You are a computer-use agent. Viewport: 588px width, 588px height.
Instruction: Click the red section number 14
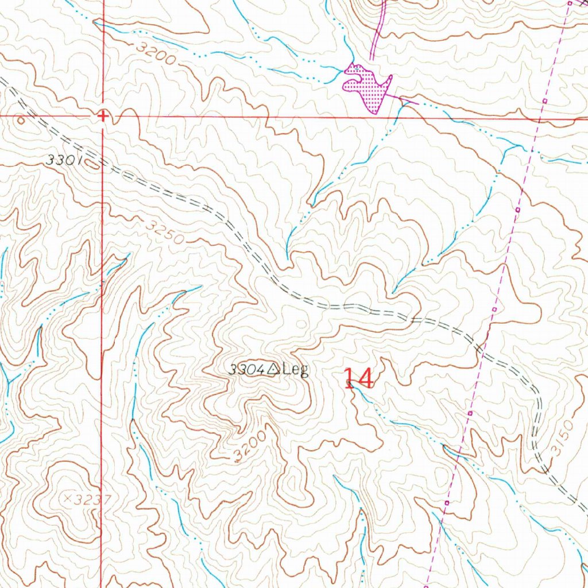pyautogui.click(x=359, y=379)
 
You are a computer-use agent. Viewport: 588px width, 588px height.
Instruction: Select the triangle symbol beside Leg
pyautogui.click(x=272, y=369)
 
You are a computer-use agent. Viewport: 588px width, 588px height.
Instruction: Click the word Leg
pyautogui.click(x=295, y=369)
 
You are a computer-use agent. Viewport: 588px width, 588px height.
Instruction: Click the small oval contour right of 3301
pyautogui.click(x=92, y=165)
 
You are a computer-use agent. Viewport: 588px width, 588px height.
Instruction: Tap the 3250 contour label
pyautogui.click(x=164, y=232)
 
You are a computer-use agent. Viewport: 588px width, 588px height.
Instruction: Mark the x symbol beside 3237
pyautogui.click(x=67, y=499)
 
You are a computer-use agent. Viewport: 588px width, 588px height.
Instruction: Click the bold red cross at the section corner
pyautogui.click(x=103, y=117)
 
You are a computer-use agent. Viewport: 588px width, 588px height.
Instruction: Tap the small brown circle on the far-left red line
pyautogui.click(x=21, y=120)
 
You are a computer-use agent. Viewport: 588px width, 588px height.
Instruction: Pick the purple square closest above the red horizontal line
pyautogui.click(x=544, y=101)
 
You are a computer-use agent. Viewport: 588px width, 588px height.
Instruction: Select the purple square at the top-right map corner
pyautogui.click(x=570, y=3)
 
